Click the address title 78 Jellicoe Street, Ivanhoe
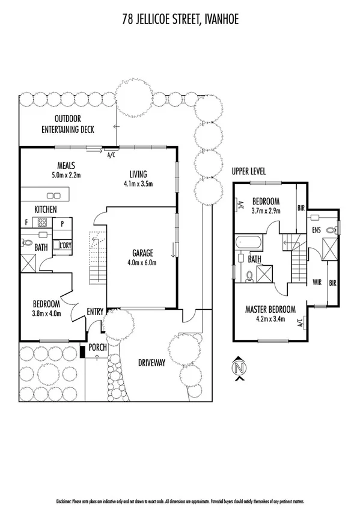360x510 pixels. point(180,20)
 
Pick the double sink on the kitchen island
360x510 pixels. point(53,195)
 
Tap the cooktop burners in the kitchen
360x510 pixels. point(43,223)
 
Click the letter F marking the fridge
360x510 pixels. point(26,223)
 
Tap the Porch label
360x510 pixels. point(97,348)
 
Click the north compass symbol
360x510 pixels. point(240,367)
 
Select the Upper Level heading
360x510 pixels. point(249,171)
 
